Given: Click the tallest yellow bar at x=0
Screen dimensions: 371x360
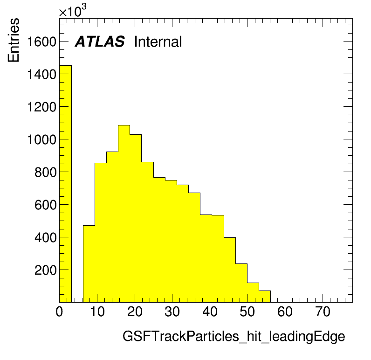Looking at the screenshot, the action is pyautogui.click(x=65, y=184).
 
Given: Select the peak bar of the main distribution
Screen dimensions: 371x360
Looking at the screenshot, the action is pyautogui.click(x=124, y=214).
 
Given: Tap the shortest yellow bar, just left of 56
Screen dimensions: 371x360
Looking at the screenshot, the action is pyautogui.click(x=265, y=297).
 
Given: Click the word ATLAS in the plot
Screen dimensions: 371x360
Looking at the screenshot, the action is pyautogui.click(x=100, y=42).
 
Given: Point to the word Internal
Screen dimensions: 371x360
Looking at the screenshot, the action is pyautogui.click(x=158, y=42).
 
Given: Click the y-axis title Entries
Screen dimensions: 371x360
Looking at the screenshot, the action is pyautogui.click(x=14, y=40).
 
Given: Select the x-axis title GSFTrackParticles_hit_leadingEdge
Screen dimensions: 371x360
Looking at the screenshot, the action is pyautogui.click(x=234, y=336).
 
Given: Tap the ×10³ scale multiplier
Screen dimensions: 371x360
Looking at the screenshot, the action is pyautogui.click(x=73, y=11).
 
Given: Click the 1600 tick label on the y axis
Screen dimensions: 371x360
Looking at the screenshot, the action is pyautogui.click(x=41, y=42).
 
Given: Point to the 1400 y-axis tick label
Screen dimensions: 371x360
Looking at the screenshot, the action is pyautogui.click(x=41, y=74).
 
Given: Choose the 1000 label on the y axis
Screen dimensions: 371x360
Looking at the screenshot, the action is pyautogui.click(x=41, y=139).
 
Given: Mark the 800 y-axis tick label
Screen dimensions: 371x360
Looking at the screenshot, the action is pyautogui.click(x=45, y=173).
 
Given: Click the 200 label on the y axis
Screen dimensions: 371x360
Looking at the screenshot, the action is pyautogui.click(x=45, y=270).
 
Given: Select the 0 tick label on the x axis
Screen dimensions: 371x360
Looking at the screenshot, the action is pyautogui.click(x=59, y=312).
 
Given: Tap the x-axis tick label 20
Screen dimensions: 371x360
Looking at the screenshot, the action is pyautogui.click(x=135, y=312).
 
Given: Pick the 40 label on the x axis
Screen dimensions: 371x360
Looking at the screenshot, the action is pyautogui.click(x=210, y=312).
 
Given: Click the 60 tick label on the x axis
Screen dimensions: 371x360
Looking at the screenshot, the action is pyautogui.click(x=285, y=312).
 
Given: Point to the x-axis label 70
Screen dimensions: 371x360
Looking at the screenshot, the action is pyautogui.click(x=323, y=312).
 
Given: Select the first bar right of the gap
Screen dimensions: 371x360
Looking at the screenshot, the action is pyautogui.click(x=89, y=264).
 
